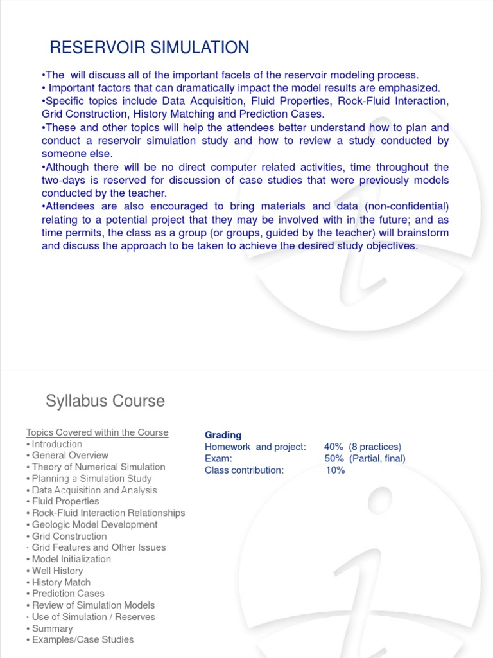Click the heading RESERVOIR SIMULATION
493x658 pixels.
pos(150,47)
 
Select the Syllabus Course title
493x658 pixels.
pos(105,402)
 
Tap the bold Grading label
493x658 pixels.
pos(223,435)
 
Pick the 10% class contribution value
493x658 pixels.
pos(335,470)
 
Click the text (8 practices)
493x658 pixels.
pos(375,447)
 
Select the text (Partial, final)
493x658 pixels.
pos(377,458)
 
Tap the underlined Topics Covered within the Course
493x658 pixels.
pos(97,432)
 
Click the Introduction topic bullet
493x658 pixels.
pos(56,444)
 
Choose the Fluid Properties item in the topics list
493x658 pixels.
pos(65,501)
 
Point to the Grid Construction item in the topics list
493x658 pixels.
pos(69,536)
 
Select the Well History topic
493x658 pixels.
pos(57,571)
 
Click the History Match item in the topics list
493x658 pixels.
pos(61,582)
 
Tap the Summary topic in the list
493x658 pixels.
pos(52,628)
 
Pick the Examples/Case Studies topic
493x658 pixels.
pos(82,639)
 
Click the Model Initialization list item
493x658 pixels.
pos(71,559)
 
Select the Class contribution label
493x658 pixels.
pos(244,470)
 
